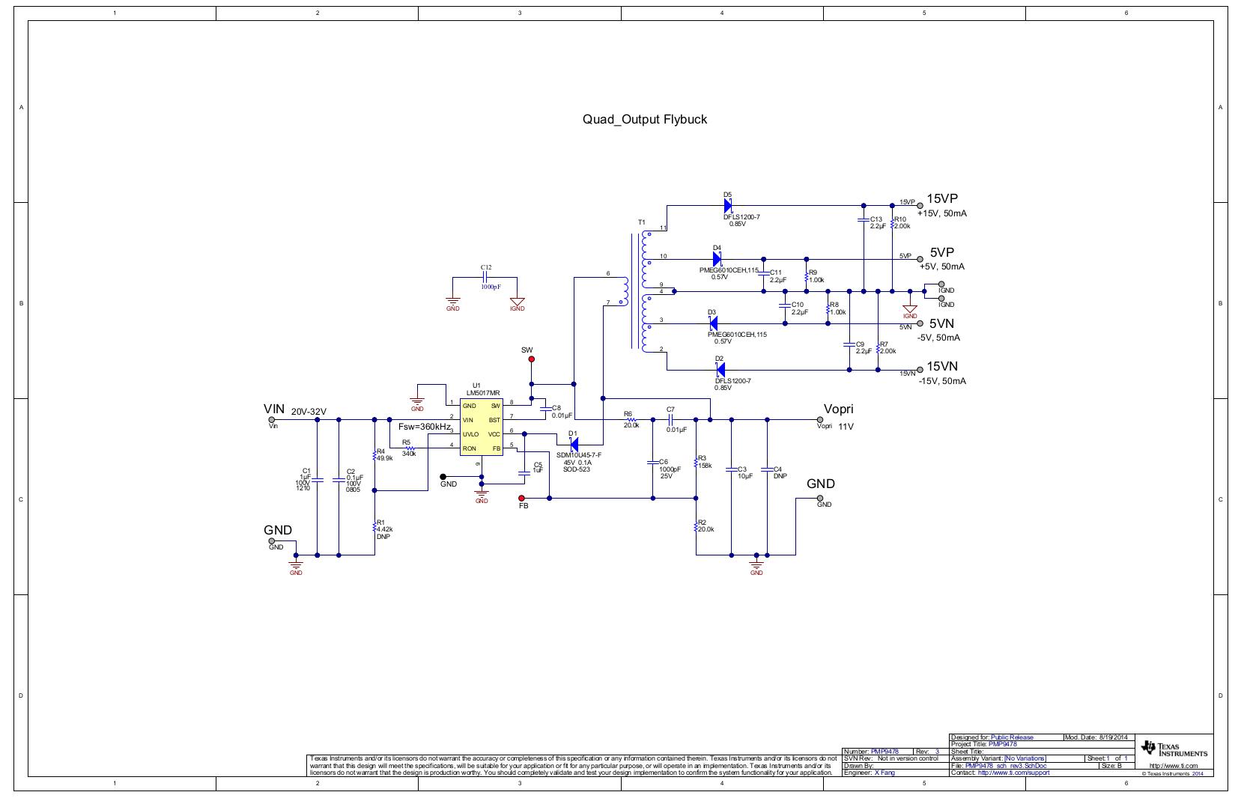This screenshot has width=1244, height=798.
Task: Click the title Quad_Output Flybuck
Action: click(x=644, y=119)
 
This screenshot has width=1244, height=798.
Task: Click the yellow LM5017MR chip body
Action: click(x=481, y=427)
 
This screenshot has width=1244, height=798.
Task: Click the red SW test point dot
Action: click(x=532, y=359)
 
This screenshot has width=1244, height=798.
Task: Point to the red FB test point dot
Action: click(x=522, y=498)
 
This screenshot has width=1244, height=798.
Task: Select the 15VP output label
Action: click(x=942, y=199)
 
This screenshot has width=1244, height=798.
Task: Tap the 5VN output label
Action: click(x=941, y=324)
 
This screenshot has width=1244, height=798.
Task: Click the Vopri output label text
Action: click(x=838, y=409)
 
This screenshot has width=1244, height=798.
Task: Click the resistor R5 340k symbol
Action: click(x=409, y=448)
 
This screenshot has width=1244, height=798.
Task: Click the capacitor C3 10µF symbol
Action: click(x=732, y=469)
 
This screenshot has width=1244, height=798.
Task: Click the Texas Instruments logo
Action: click(x=1174, y=749)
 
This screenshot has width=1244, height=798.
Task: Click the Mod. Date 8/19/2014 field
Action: click(x=1099, y=737)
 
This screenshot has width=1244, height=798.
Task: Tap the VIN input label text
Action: click(x=274, y=409)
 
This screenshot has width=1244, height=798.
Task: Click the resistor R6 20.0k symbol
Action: click(x=631, y=420)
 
